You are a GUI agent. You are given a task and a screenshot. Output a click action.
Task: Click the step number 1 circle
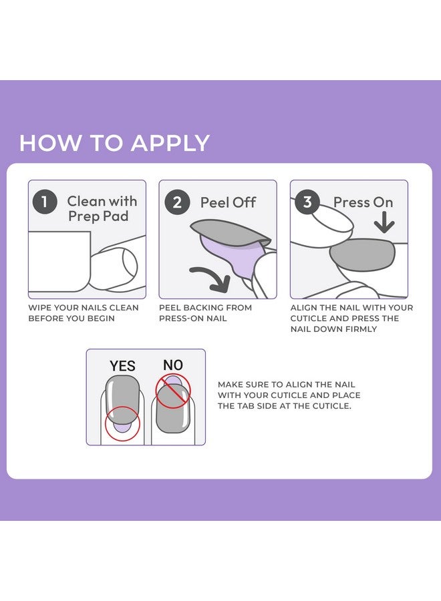(x=45, y=202)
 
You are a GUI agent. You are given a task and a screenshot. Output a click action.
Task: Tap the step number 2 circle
(x=177, y=202)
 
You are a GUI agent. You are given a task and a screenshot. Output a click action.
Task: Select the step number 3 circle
(x=307, y=202)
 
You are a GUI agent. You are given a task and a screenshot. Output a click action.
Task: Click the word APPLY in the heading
(x=170, y=143)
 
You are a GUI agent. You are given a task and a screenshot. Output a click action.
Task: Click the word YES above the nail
(x=122, y=366)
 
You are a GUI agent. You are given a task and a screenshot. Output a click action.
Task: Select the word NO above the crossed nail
(x=173, y=365)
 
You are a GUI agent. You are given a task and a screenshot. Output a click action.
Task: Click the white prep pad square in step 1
(x=60, y=261)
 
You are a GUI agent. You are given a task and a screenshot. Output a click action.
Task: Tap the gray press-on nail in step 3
(x=362, y=254)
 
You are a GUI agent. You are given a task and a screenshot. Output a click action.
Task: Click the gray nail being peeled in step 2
(x=230, y=233)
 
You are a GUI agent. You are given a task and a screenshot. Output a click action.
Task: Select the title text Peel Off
(x=228, y=202)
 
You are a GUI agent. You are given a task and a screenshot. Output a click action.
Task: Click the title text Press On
(x=363, y=202)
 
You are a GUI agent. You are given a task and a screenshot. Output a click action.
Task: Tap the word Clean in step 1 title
(x=86, y=201)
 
